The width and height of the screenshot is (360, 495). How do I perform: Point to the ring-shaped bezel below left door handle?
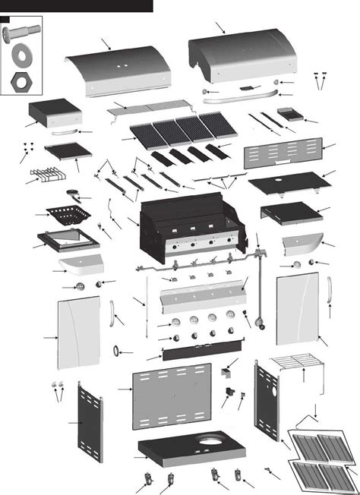pyautogui.click(x=118, y=351)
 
